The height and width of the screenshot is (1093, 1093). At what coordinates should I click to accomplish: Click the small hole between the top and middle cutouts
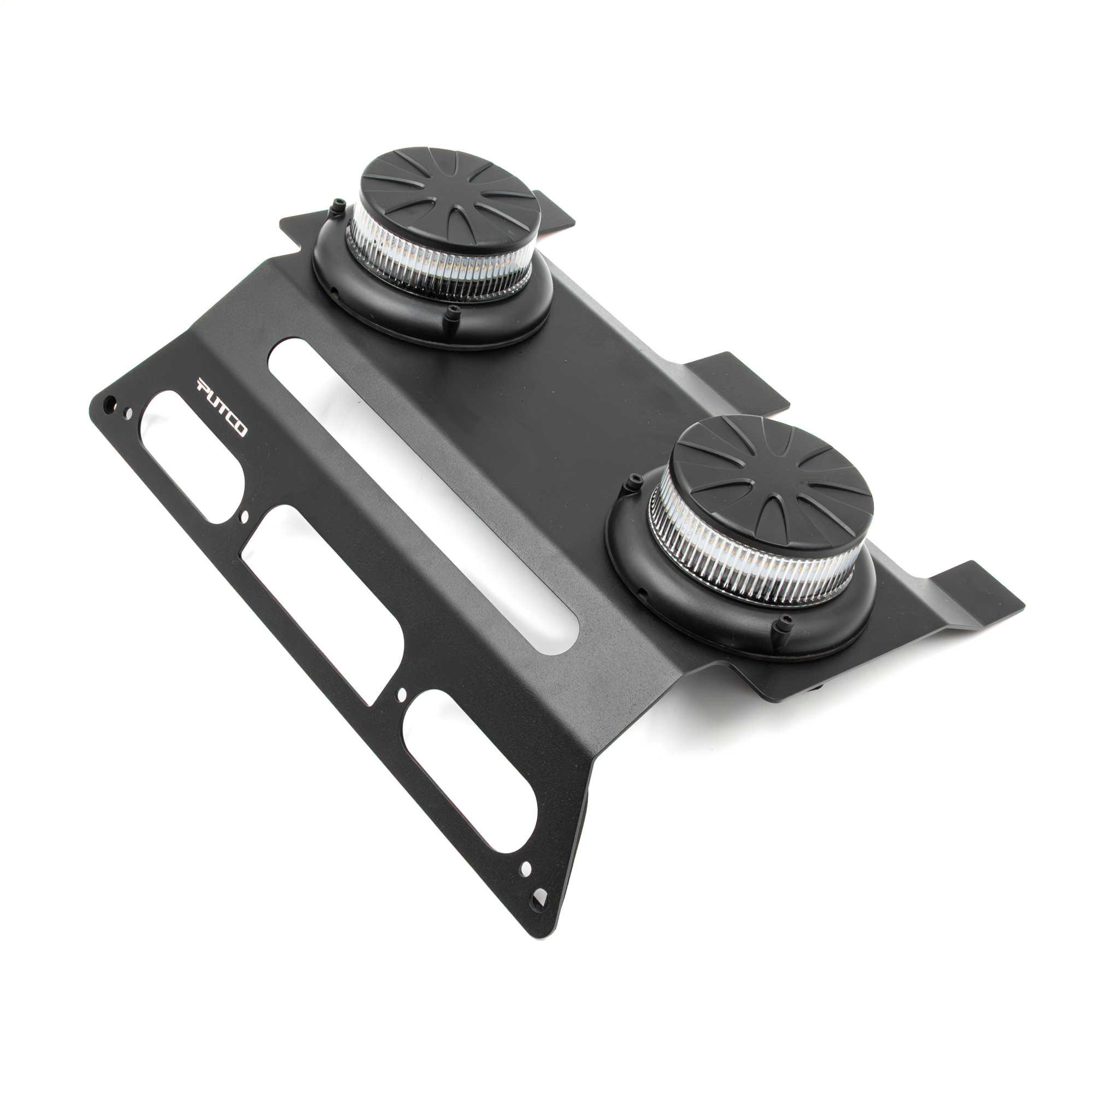244,516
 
